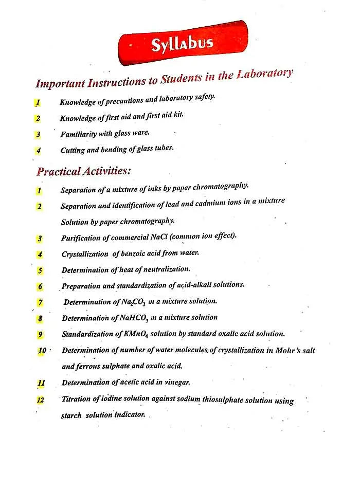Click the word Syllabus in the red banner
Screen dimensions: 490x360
pyautogui.click(x=182, y=45)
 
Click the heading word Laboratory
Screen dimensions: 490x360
pyautogui.click(x=264, y=75)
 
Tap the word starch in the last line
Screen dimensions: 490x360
pyautogui.click(x=71, y=415)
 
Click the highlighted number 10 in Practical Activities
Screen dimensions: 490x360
pyautogui.click(x=42, y=351)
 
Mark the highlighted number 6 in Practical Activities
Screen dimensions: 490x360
pyautogui.click(x=41, y=286)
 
